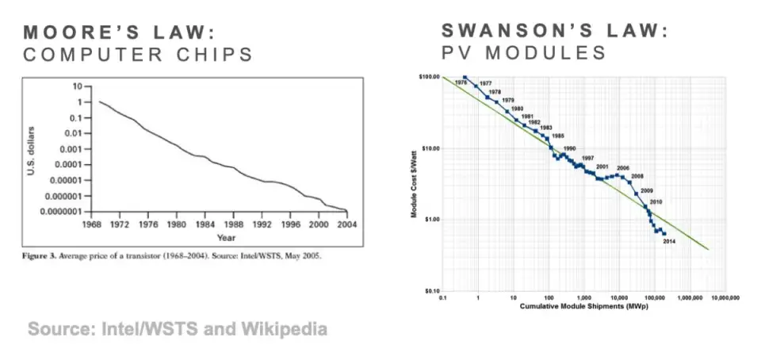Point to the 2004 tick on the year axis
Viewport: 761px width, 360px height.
pos(346,224)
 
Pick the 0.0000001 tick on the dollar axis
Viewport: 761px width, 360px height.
pos(59,211)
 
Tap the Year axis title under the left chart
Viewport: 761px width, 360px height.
pos(226,237)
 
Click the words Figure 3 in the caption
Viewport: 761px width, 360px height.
pos(44,257)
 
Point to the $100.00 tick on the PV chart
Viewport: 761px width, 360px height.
pos(429,77)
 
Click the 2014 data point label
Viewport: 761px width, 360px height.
pos(669,240)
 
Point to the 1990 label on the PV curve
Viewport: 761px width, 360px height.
pos(569,149)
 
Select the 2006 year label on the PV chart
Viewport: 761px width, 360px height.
pos(623,168)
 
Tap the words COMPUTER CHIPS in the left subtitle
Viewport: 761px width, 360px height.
pos(139,55)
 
